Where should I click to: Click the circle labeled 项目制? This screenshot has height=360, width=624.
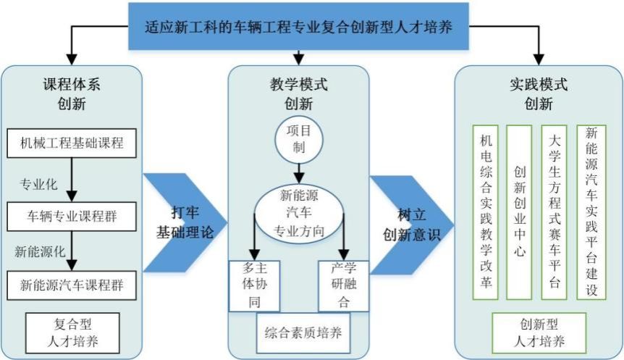[299, 140]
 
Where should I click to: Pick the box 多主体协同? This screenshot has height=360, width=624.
[254, 285]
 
